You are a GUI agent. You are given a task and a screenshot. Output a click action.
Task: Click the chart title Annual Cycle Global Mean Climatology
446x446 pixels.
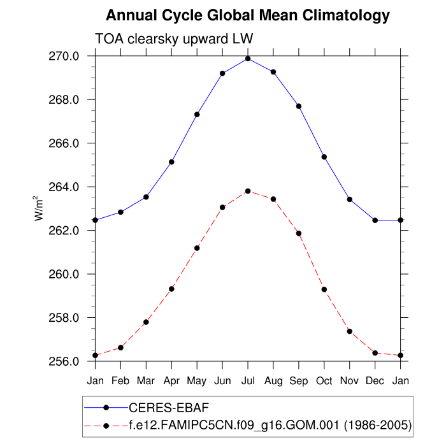[x=247, y=15]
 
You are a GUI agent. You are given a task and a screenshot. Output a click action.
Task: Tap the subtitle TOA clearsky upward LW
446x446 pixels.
[x=174, y=38]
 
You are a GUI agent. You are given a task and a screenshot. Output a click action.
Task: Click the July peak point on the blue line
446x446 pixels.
[x=248, y=59]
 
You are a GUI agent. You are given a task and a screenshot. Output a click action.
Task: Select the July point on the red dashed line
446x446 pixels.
[x=248, y=191]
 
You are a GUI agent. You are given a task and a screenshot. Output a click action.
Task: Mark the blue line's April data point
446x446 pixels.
[x=171, y=162]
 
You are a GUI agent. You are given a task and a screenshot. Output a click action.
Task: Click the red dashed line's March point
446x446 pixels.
[x=146, y=322]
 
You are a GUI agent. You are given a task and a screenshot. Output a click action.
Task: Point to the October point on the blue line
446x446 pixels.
[x=324, y=157]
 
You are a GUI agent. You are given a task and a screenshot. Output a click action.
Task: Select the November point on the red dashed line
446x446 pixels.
[x=350, y=331]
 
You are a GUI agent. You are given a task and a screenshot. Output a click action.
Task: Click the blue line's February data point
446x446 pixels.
[x=120, y=212]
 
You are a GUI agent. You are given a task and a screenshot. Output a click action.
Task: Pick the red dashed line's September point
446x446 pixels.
[x=299, y=233]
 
